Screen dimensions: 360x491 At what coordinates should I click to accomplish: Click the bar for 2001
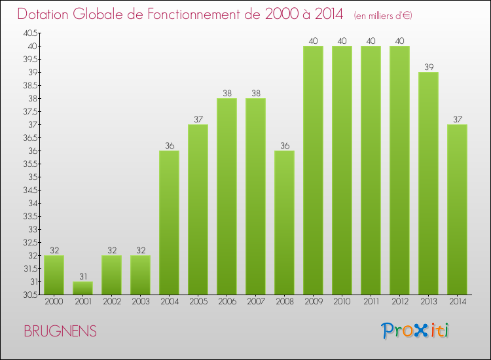pos(82,288)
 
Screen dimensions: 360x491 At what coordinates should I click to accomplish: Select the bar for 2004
pos(169,223)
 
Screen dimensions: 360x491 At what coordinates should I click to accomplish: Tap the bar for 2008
pos(284,223)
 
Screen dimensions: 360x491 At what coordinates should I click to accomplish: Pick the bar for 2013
pos(428,183)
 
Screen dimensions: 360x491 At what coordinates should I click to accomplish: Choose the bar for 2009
pos(313,170)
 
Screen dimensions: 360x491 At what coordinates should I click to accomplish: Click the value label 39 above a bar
pos(428,67)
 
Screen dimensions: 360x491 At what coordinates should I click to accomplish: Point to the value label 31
pos(82,276)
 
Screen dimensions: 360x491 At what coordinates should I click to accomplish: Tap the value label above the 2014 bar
pos(457,119)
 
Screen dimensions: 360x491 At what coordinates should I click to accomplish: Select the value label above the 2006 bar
pos(227,93)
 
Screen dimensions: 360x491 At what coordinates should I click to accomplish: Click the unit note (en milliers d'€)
pos(384,15)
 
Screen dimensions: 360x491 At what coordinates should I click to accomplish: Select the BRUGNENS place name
pos(60,332)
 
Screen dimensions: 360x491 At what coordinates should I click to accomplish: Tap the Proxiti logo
pos(414,331)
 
